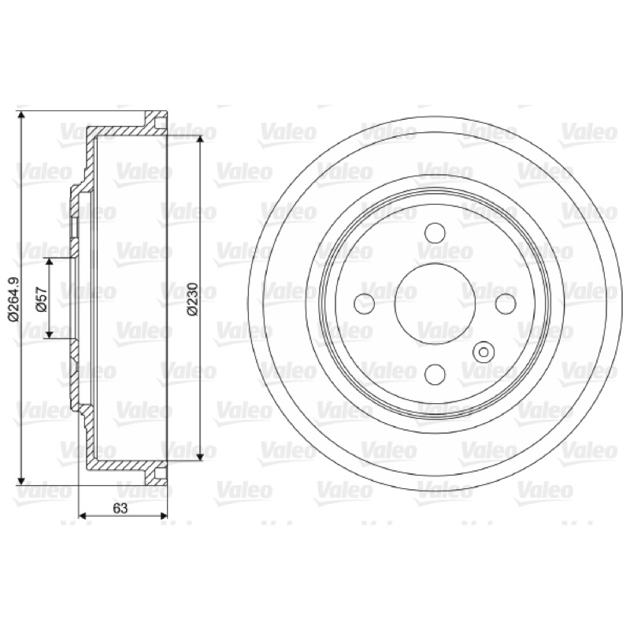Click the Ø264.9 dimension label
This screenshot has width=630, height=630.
pyautogui.click(x=14, y=299)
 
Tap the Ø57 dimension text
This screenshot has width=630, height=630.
pyautogui.click(x=43, y=299)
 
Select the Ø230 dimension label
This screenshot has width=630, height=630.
pyautogui.click(x=192, y=298)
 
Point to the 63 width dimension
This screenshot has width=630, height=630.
pyautogui.click(x=120, y=508)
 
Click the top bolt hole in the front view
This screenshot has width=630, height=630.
pyautogui.click(x=435, y=232)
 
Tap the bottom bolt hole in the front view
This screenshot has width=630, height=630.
pyautogui.click(x=435, y=373)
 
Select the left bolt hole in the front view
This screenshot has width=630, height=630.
pyautogui.click(x=365, y=303)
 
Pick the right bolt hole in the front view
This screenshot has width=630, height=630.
pyautogui.click(x=506, y=303)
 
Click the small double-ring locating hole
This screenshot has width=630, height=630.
pyautogui.click(x=484, y=352)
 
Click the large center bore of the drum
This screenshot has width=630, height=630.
pyautogui.click(x=435, y=303)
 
